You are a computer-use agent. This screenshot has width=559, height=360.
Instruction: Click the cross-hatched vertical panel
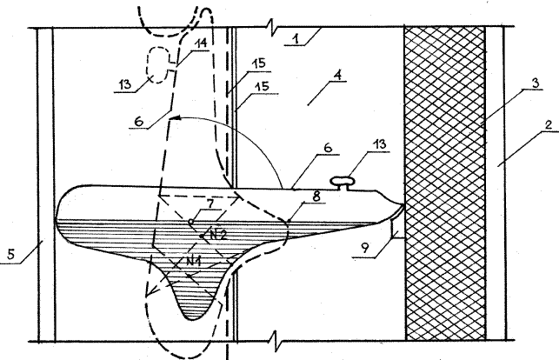(x=445, y=183)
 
